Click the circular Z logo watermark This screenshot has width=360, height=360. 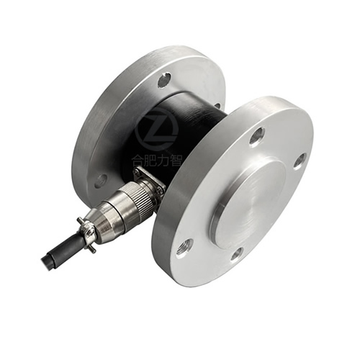tap(156, 130)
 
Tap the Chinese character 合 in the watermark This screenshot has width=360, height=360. tap(138, 161)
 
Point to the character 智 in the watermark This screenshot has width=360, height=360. tap(176, 161)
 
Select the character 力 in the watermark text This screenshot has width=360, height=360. tap(163, 161)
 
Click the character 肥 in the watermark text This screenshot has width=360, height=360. tap(150, 161)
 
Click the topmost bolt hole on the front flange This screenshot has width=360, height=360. tap(258, 136)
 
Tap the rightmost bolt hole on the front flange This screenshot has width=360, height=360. tap(300, 161)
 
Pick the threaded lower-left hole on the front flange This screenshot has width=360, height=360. tap(184, 248)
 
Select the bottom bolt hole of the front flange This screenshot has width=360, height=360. tap(237, 253)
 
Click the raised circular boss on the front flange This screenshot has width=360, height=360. tap(249, 202)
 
